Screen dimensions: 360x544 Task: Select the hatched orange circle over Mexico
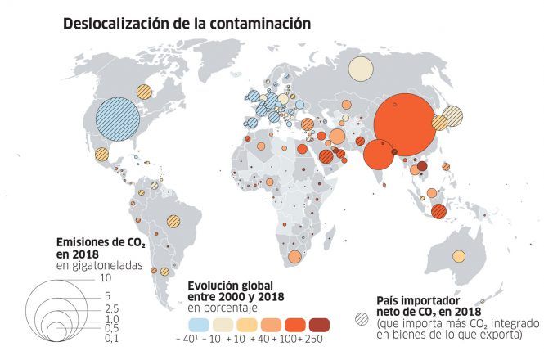coord(102,154)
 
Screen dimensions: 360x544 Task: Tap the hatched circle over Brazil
coord(173,220)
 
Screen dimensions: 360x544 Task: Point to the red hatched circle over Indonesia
coord(439,210)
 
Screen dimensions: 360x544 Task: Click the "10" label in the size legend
coord(105,278)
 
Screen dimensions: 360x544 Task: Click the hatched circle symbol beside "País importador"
coord(360,317)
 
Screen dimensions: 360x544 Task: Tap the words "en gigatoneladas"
coord(99,266)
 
